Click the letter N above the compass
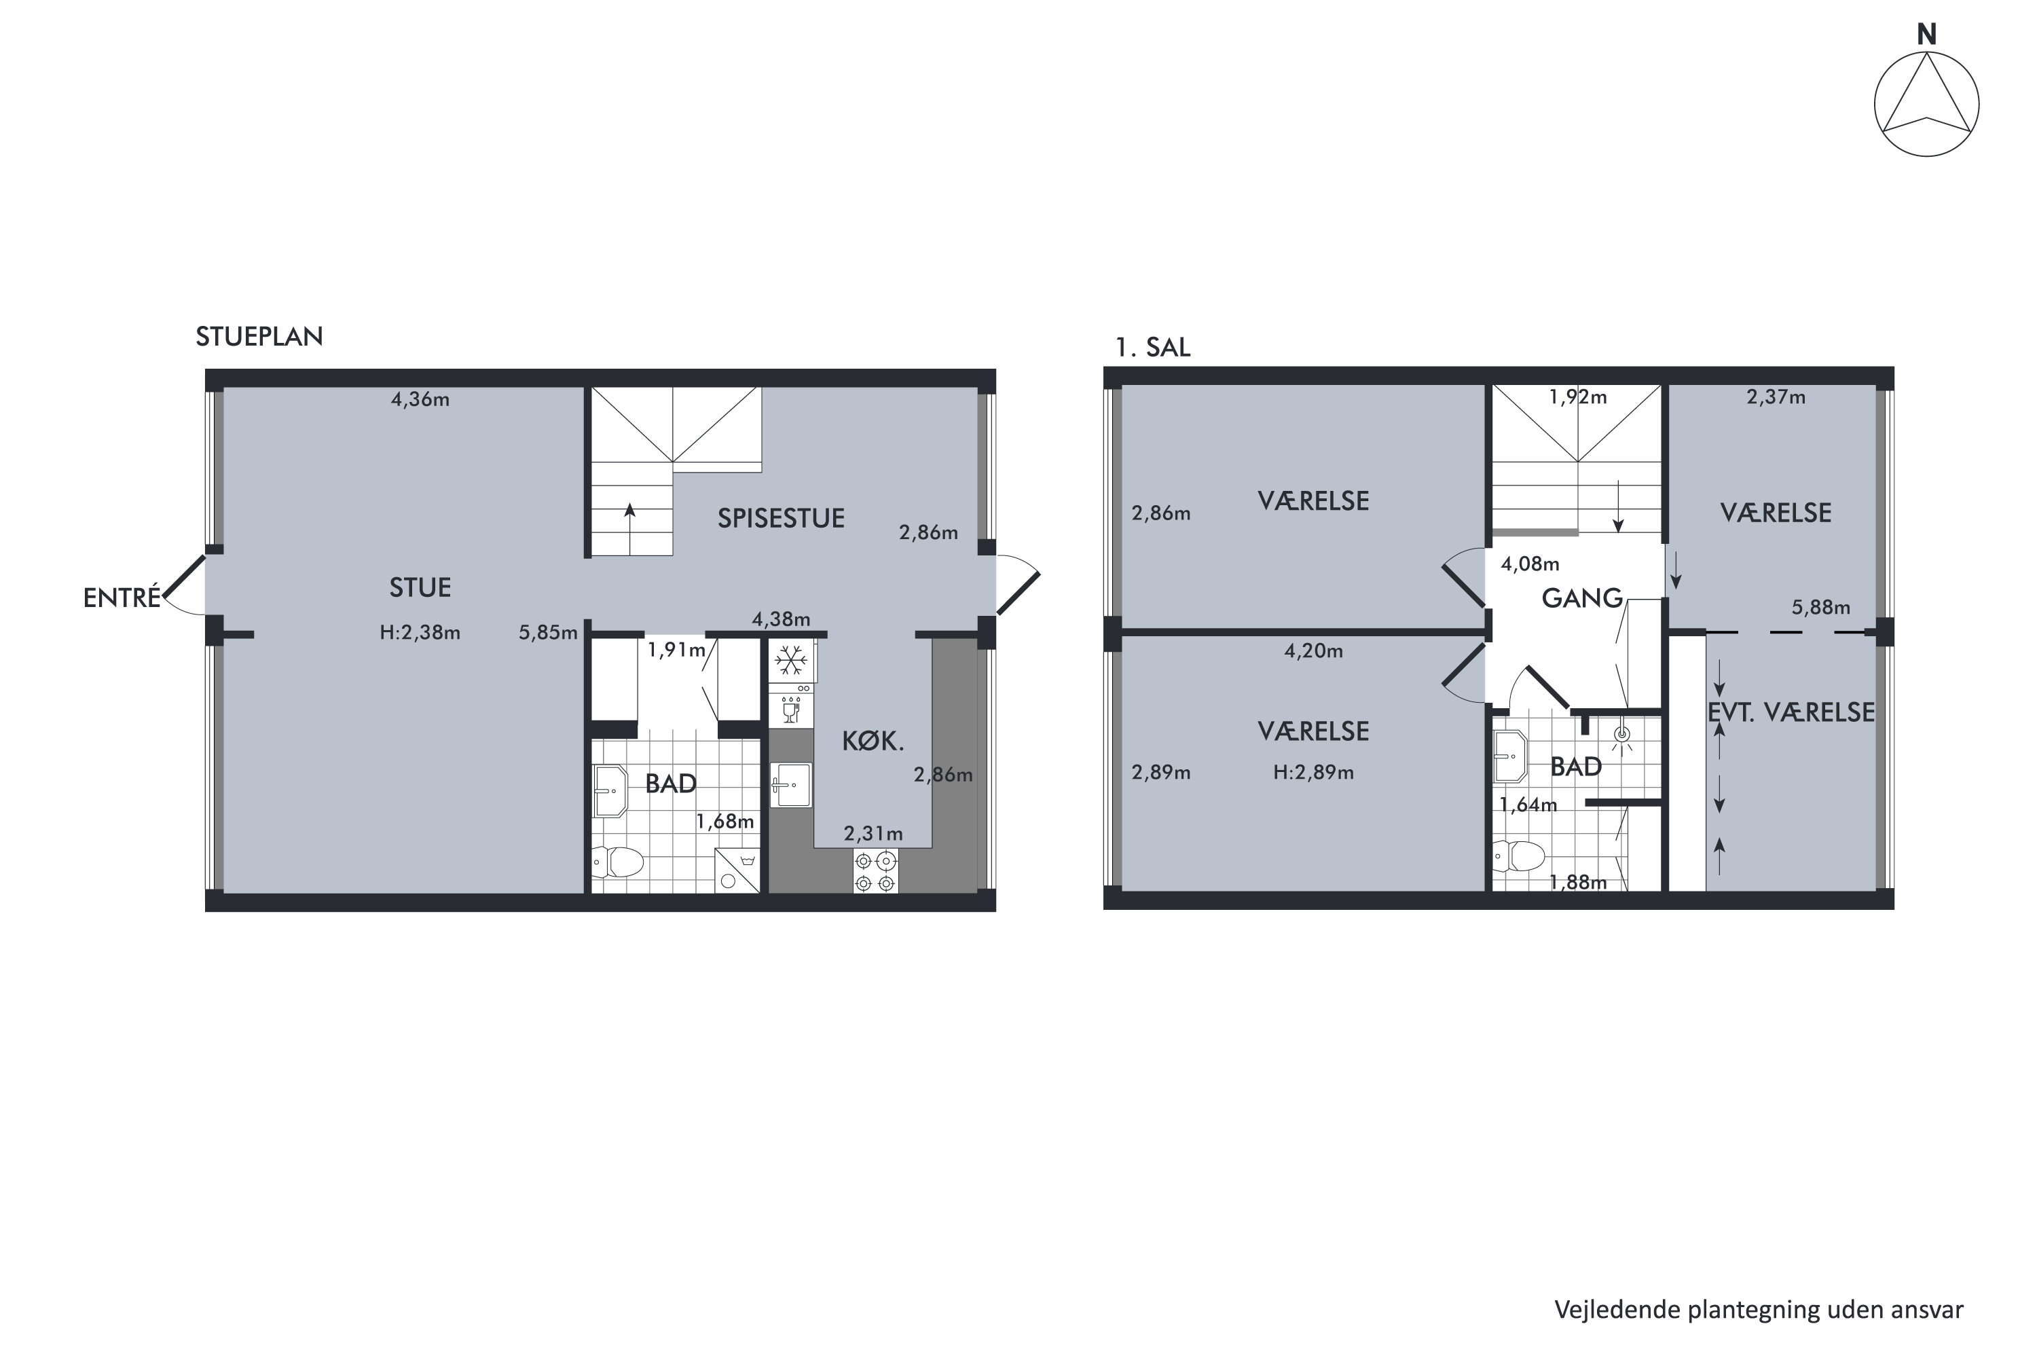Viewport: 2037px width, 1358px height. point(1926,35)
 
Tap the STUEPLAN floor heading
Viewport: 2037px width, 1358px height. point(259,337)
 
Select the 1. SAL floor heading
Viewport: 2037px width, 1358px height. point(1153,347)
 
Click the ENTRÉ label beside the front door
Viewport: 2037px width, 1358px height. point(122,598)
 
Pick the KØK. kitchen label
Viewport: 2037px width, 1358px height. point(873,741)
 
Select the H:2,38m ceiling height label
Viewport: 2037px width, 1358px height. point(420,632)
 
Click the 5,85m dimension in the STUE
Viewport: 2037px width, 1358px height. point(548,633)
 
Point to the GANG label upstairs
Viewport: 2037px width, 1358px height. point(1581,598)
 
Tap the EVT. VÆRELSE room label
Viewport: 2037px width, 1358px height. point(1791,712)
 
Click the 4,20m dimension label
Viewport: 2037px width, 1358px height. point(1313,650)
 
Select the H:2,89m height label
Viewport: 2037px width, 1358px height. point(1313,773)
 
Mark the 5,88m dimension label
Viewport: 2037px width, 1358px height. point(1820,607)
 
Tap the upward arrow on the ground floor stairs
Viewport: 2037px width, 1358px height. point(629,528)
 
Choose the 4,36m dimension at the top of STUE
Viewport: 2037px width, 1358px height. point(420,399)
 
